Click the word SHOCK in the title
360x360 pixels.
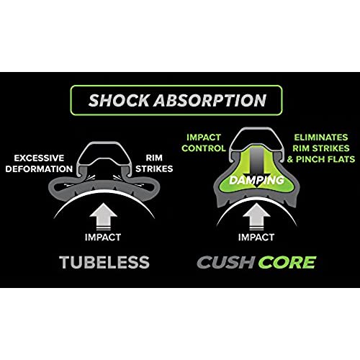119,100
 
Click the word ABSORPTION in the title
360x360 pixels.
210,100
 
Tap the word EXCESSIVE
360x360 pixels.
39,158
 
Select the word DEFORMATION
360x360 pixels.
39,168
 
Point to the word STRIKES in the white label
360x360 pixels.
154,168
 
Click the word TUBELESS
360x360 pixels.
104,262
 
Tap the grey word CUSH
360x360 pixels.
225,262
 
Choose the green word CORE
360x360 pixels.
287,262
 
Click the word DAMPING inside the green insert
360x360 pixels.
256,180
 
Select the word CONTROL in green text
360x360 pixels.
204,148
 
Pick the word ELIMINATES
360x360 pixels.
321,138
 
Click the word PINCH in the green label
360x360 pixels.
310,159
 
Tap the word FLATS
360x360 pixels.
341,159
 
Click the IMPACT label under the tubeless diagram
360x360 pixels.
103,237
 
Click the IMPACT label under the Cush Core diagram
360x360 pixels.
256,237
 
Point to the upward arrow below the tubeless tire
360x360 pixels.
103,217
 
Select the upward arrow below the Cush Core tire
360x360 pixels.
256,217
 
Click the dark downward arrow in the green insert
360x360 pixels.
256,168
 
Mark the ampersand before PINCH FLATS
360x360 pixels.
290,159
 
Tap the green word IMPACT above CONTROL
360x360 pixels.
204,138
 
